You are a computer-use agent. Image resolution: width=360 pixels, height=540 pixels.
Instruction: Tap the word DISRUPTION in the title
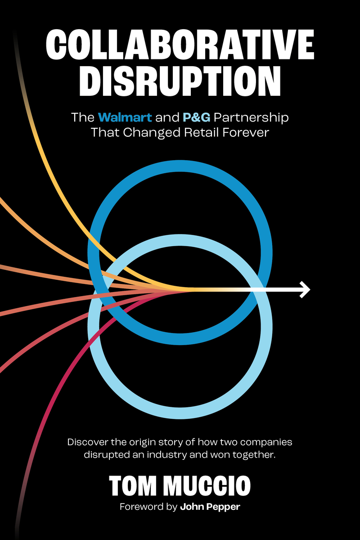180,81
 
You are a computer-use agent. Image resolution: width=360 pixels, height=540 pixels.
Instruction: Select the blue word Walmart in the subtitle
125,118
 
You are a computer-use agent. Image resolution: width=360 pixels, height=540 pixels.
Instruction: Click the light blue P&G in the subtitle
196,118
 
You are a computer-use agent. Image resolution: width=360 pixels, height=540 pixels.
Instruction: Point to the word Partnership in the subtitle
251,118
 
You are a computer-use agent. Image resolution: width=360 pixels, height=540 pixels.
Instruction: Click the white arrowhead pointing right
305,289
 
